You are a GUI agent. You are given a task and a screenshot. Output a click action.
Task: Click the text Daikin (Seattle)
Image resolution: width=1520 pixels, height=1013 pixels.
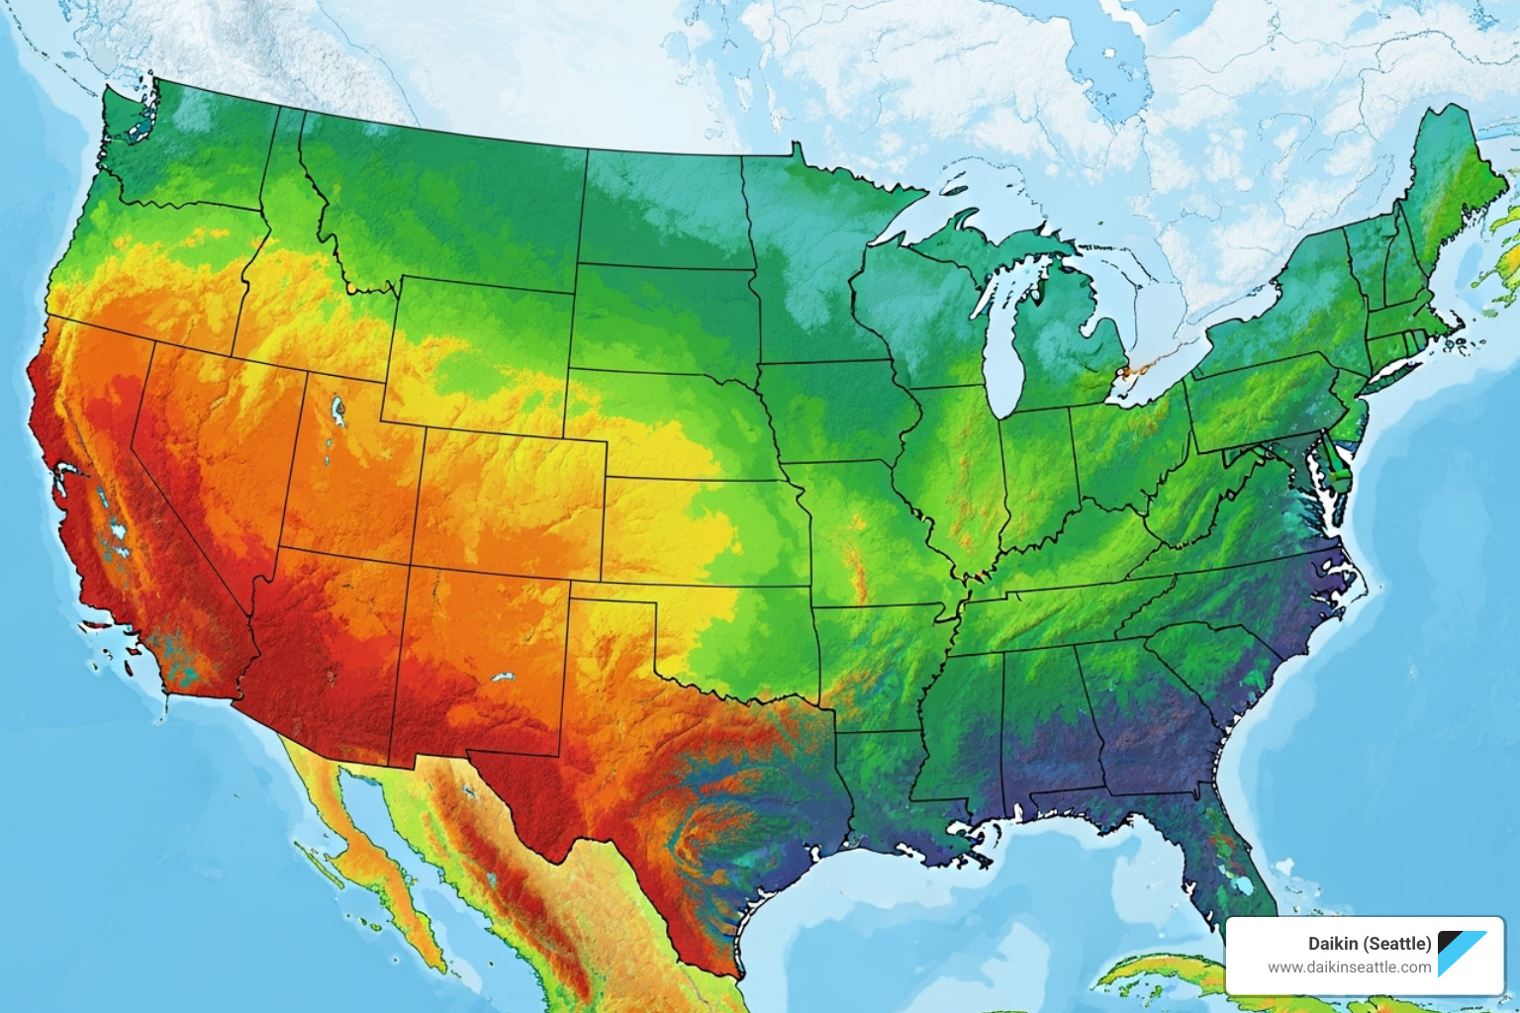[x=1370, y=944]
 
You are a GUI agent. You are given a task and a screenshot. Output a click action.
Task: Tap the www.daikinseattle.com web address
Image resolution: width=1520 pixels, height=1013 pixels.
[x=1349, y=967]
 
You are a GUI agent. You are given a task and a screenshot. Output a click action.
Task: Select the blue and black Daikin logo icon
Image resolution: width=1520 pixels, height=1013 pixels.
[x=1462, y=954]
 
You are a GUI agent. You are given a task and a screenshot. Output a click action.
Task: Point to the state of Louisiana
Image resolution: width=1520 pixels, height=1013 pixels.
[x=881, y=782]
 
